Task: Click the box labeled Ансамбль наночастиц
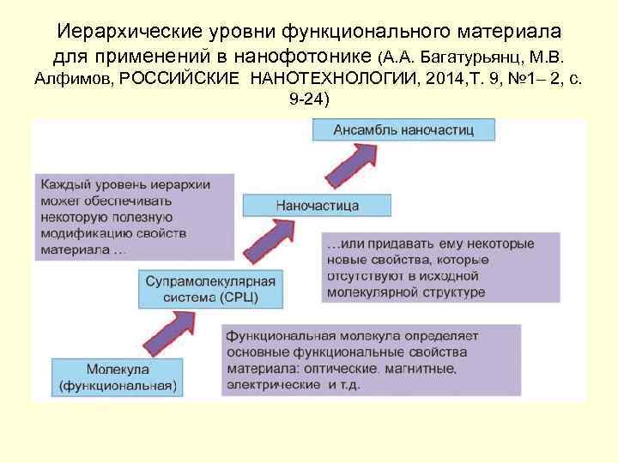403,131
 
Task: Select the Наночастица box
318,206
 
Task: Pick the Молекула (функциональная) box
118,378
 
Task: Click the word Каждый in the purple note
63,183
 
